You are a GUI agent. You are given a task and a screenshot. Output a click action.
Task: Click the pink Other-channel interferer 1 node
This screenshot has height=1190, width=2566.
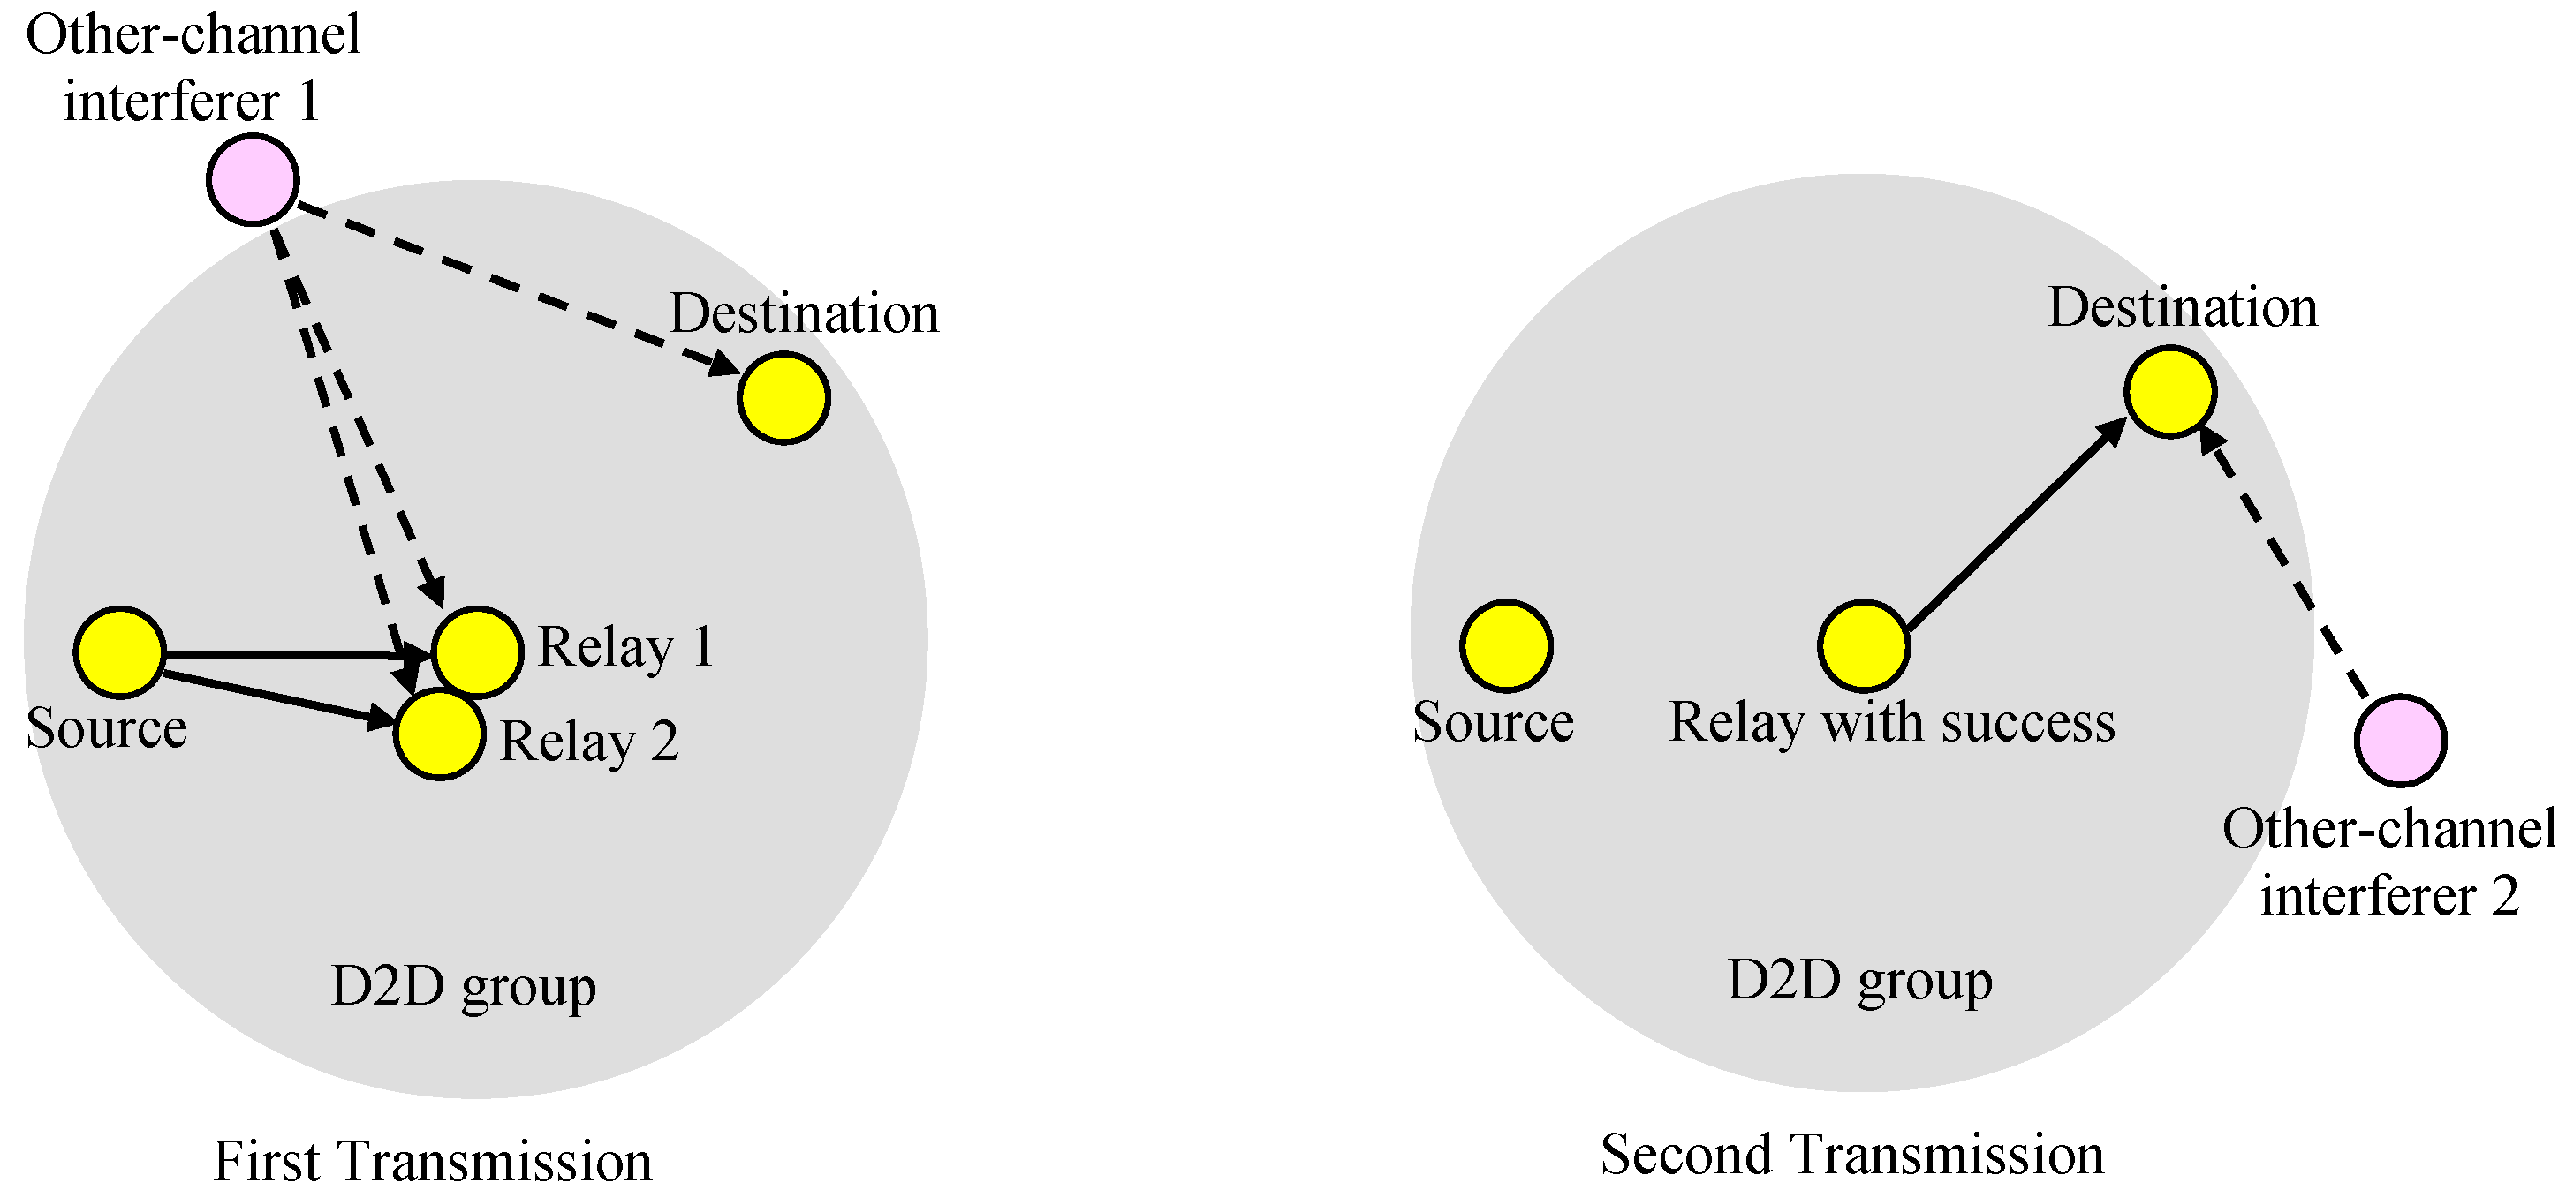(x=253, y=179)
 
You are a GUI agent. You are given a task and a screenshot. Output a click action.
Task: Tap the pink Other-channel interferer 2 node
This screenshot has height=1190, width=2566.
(x=2400, y=740)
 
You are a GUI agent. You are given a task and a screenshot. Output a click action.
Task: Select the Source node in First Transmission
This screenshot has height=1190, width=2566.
(x=119, y=651)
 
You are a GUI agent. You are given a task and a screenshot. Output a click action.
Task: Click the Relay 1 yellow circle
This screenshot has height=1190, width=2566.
(x=478, y=649)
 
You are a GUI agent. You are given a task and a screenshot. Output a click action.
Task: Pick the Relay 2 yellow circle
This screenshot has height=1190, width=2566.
(x=439, y=734)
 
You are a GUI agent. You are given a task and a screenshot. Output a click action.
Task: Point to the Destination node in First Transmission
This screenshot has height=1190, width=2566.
(x=784, y=397)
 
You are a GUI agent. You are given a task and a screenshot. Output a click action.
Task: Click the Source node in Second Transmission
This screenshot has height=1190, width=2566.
(x=1506, y=645)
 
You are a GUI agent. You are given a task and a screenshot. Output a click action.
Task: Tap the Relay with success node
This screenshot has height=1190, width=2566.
(x=1863, y=645)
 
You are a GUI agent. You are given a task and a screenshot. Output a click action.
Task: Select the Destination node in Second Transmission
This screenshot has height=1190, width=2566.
(x=2169, y=391)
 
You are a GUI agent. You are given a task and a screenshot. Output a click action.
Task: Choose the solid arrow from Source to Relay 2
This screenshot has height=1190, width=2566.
(x=279, y=697)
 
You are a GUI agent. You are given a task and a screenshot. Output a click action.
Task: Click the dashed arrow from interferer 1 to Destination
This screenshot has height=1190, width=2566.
(x=518, y=289)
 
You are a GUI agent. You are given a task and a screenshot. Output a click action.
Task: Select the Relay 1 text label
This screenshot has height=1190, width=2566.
(x=625, y=647)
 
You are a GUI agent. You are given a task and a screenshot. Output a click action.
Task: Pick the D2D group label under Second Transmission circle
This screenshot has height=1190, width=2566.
(x=1858, y=981)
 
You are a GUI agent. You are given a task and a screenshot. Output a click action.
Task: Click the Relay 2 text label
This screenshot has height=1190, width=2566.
(x=588, y=742)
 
